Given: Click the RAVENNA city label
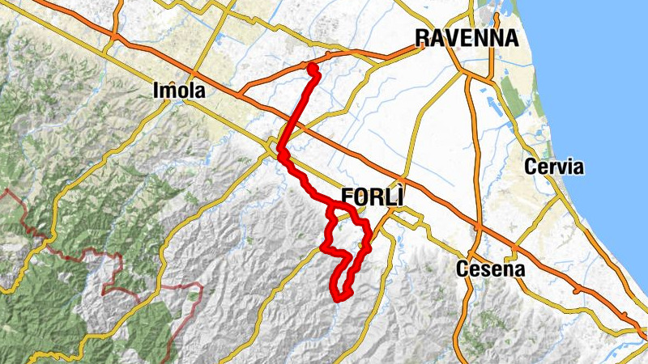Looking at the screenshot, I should (x=466, y=37).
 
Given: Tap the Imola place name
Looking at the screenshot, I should (x=178, y=91).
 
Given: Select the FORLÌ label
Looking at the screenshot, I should (x=372, y=197).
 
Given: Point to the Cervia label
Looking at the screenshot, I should (x=554, y=167).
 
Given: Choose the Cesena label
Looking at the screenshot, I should (x=491, y=269).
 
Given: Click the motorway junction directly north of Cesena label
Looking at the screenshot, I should (x=478, y=230).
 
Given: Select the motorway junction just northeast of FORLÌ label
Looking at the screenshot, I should (x=403, y=179).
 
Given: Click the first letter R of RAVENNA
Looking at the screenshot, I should (x=422, y=37).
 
